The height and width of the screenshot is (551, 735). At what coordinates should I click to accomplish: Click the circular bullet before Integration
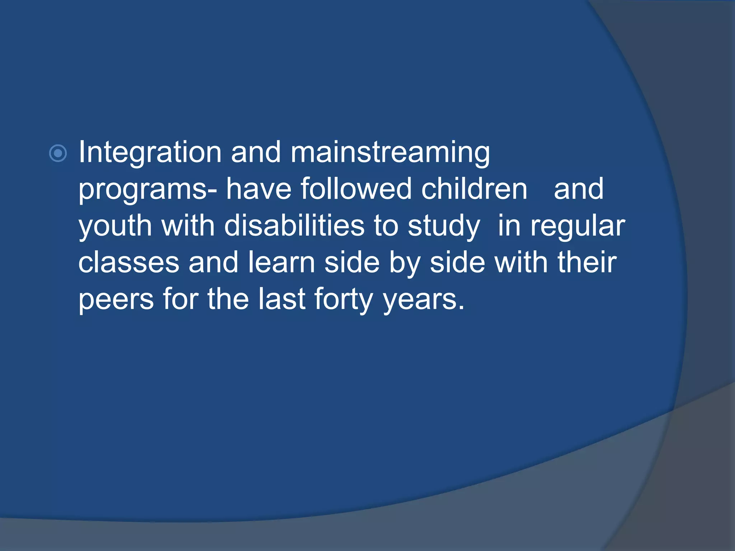click(x=58, y=154)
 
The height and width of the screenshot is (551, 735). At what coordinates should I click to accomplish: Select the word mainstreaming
click(x=390, y=152)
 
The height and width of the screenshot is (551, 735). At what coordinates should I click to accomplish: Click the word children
click(x=474, y=189)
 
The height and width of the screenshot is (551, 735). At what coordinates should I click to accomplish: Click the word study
click(x=444, y=227)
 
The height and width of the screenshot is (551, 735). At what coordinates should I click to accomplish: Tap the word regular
click(x=578, y=227)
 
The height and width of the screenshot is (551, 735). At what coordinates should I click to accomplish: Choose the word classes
click(x=128, y=263)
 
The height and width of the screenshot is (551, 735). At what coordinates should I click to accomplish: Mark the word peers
click(x=116, y=300)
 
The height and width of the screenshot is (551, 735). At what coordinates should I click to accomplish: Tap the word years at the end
click(x=423, y=300)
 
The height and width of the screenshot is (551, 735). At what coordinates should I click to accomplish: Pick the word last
click(x=282, y=300)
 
